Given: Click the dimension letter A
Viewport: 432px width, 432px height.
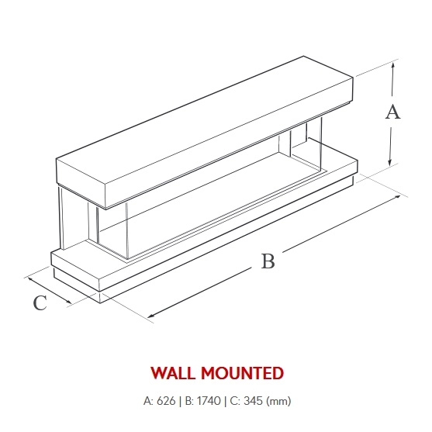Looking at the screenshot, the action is click(x=392, y=112).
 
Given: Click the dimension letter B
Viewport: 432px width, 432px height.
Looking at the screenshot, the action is click(x=268, y=261).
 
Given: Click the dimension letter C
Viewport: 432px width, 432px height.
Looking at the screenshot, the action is click(x=40, y=303).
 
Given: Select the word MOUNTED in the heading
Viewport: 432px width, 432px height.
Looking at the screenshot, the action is click(x=243, y=373).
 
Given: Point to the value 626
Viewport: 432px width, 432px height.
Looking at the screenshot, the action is click(x=166, y=401).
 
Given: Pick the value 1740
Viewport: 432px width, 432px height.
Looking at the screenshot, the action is click(x=209, y=401).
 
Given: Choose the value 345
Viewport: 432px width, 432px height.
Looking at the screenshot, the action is click(x=253, y=401).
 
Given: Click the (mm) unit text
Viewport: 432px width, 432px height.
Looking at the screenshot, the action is click(x=278, y=401).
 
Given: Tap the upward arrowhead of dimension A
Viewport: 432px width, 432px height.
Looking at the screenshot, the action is click(x=393, y=65).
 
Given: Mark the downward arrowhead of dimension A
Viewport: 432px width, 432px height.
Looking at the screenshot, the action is click(x=389, y=162).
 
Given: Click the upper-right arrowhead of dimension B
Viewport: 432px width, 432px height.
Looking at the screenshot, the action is click(x=397, y=197).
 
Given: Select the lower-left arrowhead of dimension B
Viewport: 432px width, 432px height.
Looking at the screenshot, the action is click(x=151, y=316).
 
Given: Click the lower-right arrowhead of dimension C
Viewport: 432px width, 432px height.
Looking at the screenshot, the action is click(x=67, y=301).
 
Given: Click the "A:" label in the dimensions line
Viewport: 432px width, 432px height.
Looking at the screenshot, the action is click(x=149, y=401).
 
